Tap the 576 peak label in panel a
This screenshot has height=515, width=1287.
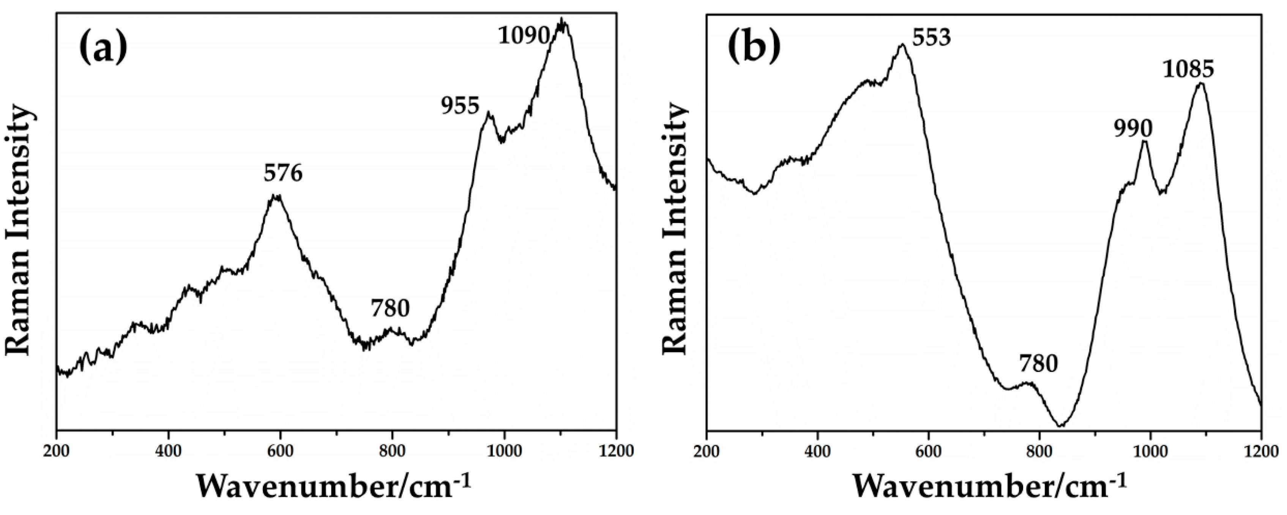click(x=283, y=174)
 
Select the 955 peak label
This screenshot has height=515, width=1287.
click(x=460, y=106)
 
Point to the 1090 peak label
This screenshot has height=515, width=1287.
click(x=524, y=36)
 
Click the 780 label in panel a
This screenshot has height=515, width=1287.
click(x=390, y=309)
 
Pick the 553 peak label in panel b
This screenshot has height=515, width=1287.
click(x=931, y=38)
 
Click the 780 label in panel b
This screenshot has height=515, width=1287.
click(x=1039, y=364)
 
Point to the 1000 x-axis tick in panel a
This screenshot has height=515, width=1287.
click(x=504, y=450)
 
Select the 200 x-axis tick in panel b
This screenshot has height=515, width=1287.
click(x=707, y=450)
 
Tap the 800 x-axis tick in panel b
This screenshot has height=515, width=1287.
click(x=1040, y=450)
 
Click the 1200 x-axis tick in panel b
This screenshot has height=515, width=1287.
click(x=1262, y=450)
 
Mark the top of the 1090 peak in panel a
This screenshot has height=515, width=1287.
click(x=562, y=20)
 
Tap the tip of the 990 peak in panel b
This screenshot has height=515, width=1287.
click(x=1145, y=142)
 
